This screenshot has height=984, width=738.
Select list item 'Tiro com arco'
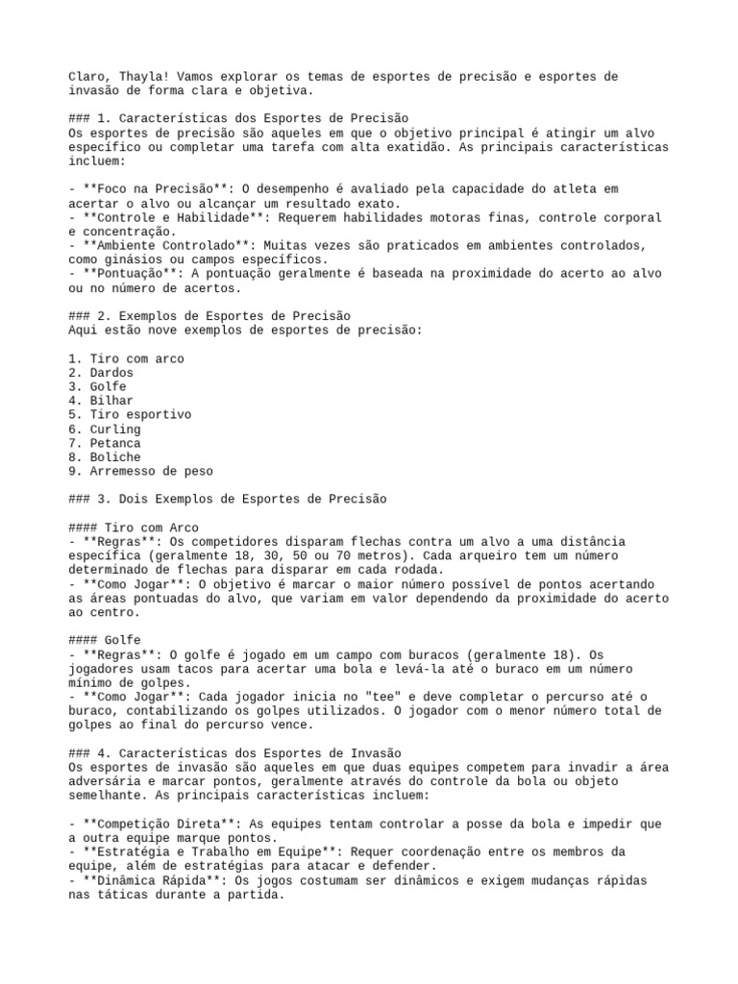click(136, 358)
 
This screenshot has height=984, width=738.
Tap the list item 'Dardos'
click(111, 373)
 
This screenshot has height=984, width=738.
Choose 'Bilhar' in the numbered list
click(111, 401)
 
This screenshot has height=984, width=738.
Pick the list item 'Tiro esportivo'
click(140, 414)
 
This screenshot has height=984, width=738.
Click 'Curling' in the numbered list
click(115, 429)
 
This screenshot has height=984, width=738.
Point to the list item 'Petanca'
click(115, 443)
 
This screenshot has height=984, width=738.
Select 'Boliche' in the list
click(115, 457)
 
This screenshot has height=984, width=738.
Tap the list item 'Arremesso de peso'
click(151, 471)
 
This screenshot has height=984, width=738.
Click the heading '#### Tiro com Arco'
click(134, 528)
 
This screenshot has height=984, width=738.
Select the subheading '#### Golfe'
click(106, 640)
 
